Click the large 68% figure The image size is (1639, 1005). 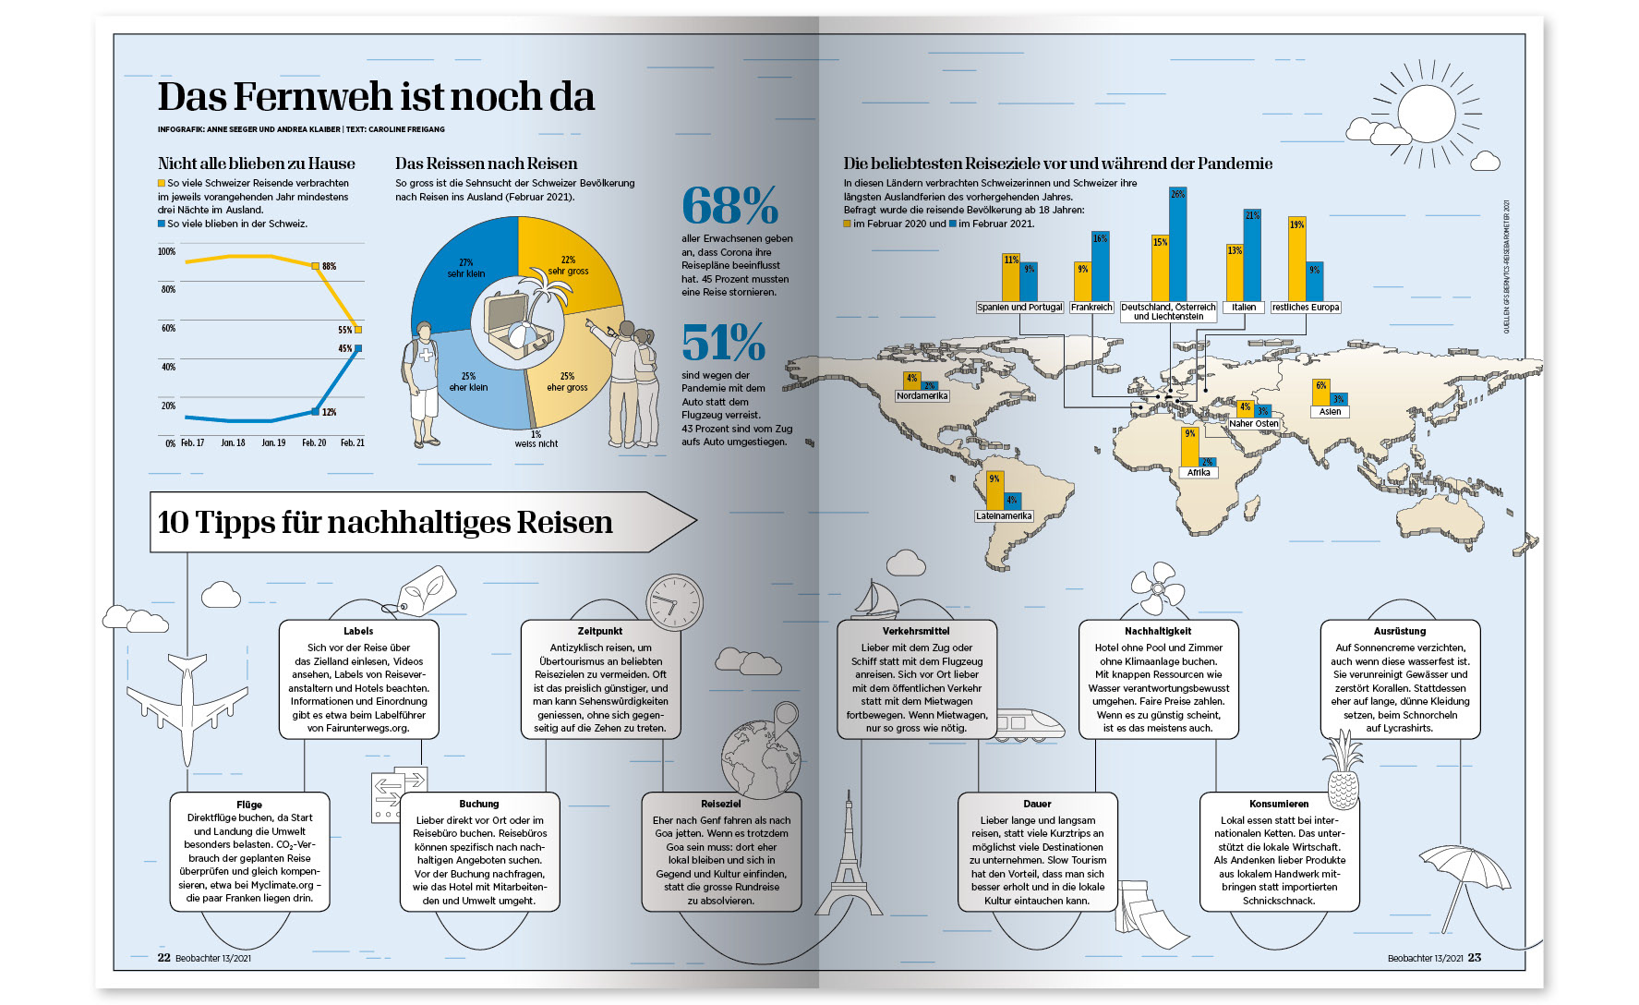[729, 205]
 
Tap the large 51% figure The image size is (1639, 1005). [723, 343]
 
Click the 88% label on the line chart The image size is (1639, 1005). [329, 266]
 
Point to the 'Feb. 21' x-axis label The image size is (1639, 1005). [352, 443]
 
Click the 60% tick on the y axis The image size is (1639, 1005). [168, 328]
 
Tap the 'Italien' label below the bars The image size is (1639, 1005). [1243, 308]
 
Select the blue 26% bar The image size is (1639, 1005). [1177, 245]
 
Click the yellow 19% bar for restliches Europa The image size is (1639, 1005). [1296, 260]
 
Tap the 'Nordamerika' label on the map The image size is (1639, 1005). [922, 396]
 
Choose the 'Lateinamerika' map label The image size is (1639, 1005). [1004, 516]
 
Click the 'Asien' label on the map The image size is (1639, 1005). [1330, 412]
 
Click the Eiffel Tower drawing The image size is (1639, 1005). [847, 854]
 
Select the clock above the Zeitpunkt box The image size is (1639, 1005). [673, 602]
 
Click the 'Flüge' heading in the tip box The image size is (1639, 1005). [249, 805]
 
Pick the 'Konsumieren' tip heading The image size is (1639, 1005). [1279, 804]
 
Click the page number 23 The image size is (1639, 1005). [1475, 958]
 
